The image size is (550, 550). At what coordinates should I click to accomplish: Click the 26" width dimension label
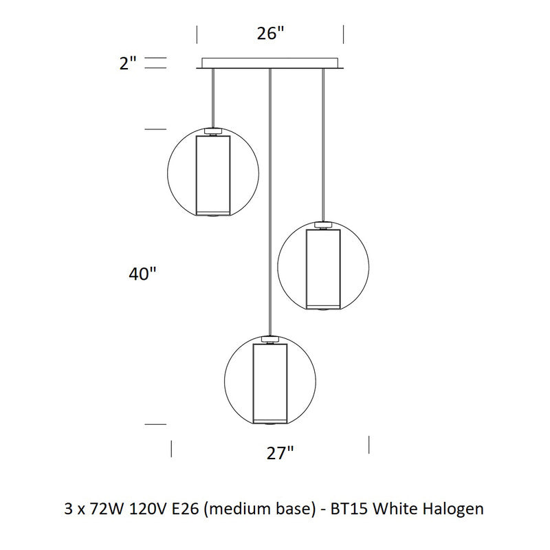270,34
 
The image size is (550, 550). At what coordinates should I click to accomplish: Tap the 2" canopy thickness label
128,64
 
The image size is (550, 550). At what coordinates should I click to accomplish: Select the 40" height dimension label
142,274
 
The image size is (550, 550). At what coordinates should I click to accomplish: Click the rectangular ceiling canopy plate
269,63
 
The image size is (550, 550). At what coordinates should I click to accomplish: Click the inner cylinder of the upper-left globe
213,175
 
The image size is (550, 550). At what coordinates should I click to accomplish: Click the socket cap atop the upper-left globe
213,130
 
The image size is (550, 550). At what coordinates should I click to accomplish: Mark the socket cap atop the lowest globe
270,338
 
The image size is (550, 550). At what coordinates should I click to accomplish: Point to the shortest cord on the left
213,97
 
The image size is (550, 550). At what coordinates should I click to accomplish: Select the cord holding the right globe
322,144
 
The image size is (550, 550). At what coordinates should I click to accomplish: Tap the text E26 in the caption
186,509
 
